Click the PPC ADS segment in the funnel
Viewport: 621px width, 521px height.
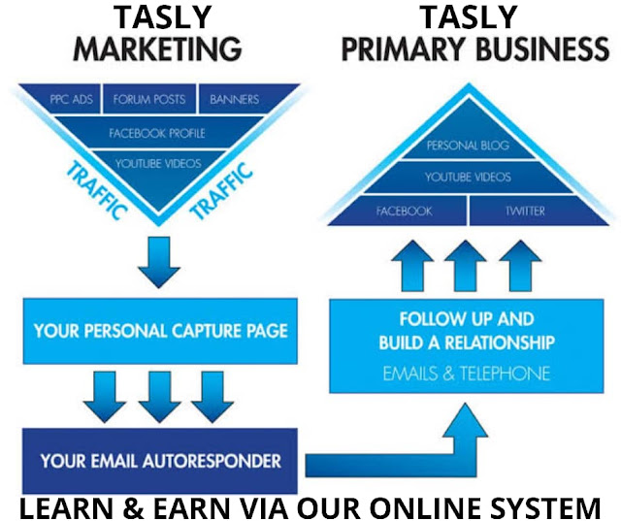72,98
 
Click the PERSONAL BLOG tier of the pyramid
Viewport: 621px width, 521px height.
468,146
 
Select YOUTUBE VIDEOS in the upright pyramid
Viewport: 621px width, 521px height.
468,178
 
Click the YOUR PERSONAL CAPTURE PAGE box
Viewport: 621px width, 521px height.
160,330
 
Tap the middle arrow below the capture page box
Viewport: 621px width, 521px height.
159,393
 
